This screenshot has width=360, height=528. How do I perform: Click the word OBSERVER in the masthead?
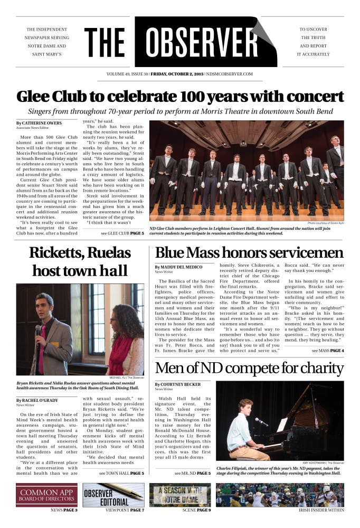pyautogui.click(x=203, y=42)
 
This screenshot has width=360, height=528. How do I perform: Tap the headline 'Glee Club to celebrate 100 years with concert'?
pyautogui.click(x=180, y=97)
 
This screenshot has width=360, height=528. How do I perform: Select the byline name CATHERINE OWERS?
pyautogui.click(x=41, y=123)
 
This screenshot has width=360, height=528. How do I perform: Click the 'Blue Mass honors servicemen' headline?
pyautogui.click(x=249, y=252)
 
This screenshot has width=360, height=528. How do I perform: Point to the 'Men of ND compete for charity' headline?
pyautogui.click(x=249, y=368)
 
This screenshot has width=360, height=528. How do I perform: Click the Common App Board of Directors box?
pyautogui.click(x=46, y=494)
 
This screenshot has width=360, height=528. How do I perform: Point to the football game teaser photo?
pyautogui.click(x=280, y=494)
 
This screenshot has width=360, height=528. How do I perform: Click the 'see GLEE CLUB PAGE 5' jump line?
pyautogui.click(x=122, y=233)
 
